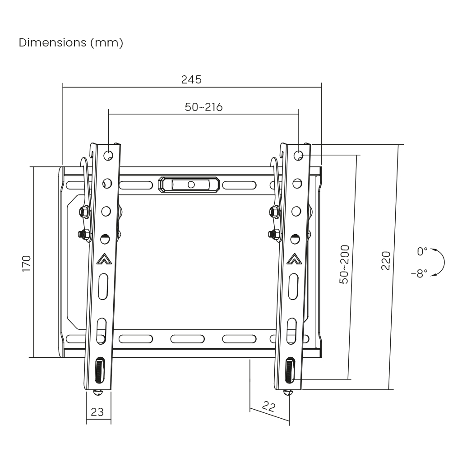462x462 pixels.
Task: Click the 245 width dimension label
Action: (x=191, y=79)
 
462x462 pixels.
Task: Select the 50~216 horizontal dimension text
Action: (x=203, y=107)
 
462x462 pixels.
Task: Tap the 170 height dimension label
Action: (x=27, y=263)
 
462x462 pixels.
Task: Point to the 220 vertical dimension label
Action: (x=386, y=260)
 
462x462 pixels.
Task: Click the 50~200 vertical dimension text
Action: (x=345, y=264)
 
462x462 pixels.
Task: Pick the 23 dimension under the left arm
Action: (x=97, y=411)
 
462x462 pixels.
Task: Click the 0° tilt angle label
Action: (x=422, y=251)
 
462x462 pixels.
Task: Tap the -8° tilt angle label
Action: (x=419, y=274)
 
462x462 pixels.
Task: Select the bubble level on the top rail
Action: (x=189, y=185)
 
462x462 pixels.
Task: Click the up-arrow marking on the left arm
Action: (x=103, y=259)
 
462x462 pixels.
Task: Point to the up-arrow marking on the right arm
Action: (x=294, y=259)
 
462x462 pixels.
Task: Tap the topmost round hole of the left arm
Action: (x=108, y=155)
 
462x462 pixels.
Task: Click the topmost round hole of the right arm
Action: (x=299, y=155)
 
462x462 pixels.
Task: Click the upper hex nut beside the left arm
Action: (x=83, y=211)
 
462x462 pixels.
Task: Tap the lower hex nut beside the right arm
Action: (x=273, y=234)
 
